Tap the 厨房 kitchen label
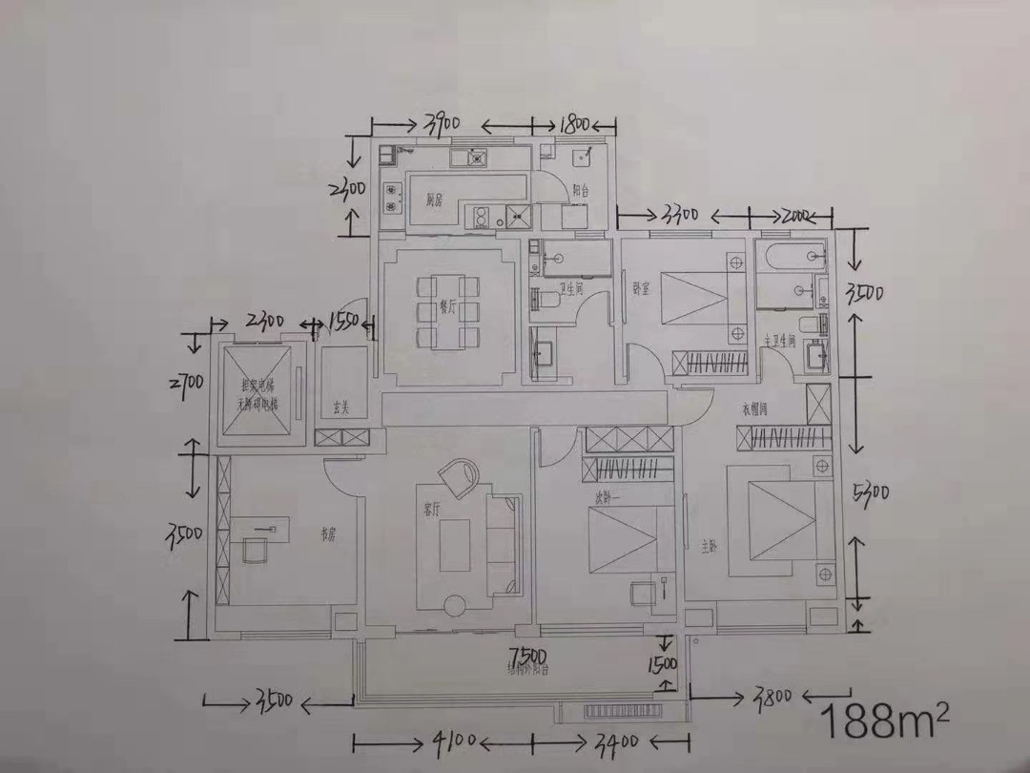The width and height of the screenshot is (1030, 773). coord(434,200)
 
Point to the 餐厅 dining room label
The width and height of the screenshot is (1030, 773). coord(445,308)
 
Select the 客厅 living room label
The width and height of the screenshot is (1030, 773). coord(431,510)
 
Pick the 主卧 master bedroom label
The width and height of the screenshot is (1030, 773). coord(709,547)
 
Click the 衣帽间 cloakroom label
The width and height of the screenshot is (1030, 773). coord(755,409)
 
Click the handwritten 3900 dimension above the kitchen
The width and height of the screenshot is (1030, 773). coord(443,123)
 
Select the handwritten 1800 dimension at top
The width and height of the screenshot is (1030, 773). coord(575,124)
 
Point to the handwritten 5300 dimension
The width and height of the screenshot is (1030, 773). coord(873,493)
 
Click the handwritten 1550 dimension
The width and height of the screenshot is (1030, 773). coord(342,323)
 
